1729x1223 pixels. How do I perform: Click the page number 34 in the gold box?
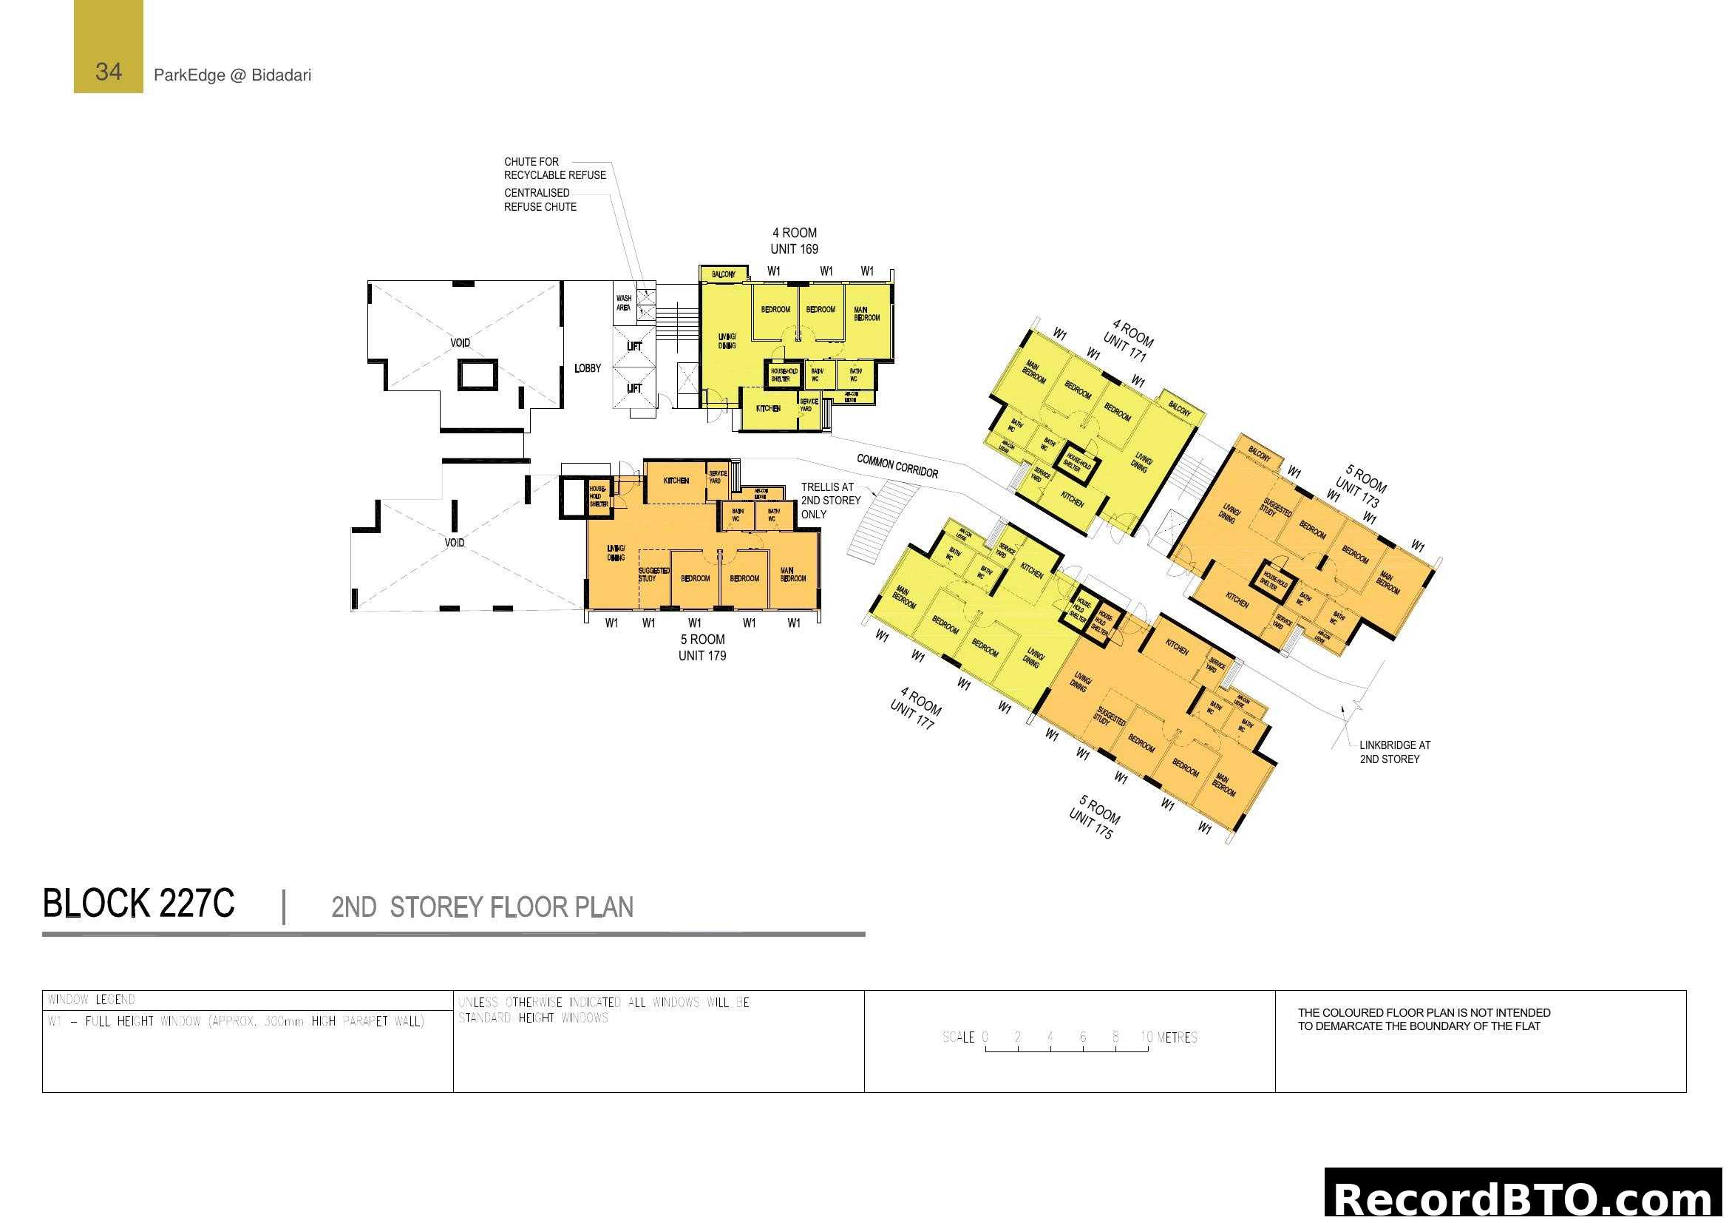[109, 72]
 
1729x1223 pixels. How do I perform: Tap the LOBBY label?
[588, 368]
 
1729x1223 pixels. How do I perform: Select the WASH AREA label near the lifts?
[624, 302]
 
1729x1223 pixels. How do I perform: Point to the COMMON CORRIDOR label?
[897, 466]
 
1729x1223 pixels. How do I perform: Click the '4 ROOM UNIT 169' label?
[794, 241]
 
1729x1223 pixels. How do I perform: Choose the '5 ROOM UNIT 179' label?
[702, 648]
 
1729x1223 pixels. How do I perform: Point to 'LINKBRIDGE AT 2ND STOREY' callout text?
[1395, 751]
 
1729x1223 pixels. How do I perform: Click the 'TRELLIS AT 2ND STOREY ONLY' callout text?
[830, 501]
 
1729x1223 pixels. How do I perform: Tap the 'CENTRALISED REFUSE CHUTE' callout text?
[540, 200]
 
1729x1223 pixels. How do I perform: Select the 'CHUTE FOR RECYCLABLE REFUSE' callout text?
[554, 168]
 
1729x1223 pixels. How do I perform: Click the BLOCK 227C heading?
[138, 904]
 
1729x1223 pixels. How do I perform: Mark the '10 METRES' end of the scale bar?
[1169, 1037]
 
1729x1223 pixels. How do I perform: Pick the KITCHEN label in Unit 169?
[768, 408]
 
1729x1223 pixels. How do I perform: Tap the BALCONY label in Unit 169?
[723, 274]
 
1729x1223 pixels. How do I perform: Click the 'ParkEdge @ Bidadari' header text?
[232, 75]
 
